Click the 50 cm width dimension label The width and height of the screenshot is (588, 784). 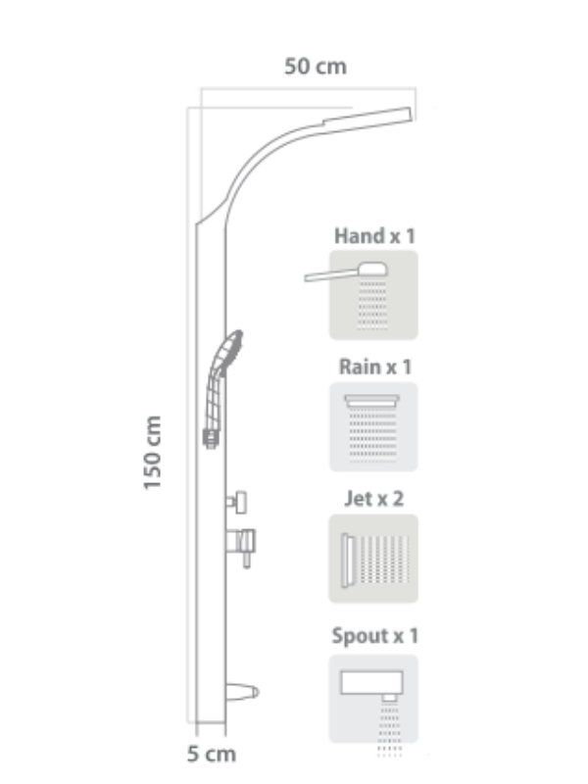(316, 67)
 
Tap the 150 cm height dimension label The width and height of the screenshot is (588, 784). (153, 453)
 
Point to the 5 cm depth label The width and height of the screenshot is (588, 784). (212, 754)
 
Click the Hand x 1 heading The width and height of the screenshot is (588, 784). (374, 236)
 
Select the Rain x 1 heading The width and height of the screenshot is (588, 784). (375, 367)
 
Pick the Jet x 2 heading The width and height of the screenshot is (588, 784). (374, 499)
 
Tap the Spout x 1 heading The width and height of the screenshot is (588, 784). (374, 636)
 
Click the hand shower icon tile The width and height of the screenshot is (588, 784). (373, 295)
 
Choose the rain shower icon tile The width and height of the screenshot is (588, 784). (373, 426)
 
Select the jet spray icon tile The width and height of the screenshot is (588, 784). (373, 558)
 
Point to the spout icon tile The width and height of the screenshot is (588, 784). (373, 699)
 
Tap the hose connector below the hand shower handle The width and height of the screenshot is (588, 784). (212, 438)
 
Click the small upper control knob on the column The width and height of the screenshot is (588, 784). (236, 502)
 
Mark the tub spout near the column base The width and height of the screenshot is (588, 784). (242, 692)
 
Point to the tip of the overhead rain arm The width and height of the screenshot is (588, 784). (411, 114)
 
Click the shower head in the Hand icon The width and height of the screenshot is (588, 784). (372, 269)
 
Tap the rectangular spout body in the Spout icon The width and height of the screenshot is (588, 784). (371, 682)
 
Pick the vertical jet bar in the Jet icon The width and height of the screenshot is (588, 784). (345, 560)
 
